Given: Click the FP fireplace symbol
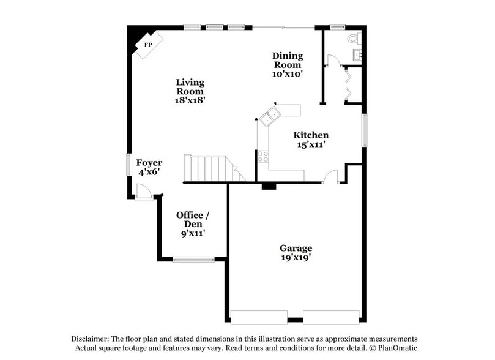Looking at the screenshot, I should point(147,45).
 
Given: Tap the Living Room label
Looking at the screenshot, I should point(190,91).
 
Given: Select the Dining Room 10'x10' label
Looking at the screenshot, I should point(287,64).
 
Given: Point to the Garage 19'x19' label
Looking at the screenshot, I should point(296,252).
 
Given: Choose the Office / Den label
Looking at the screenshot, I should point(193,223).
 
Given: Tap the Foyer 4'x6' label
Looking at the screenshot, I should point(149,167).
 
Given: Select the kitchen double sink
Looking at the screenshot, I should point(270,116).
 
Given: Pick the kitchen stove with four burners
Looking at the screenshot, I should point(263,156).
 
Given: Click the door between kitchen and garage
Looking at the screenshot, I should point(330,177).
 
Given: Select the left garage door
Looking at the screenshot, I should point(258,317).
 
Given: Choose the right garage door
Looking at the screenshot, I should point(332,317).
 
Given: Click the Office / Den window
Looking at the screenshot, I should point(193,260).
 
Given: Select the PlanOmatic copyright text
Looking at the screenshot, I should point(395,348).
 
